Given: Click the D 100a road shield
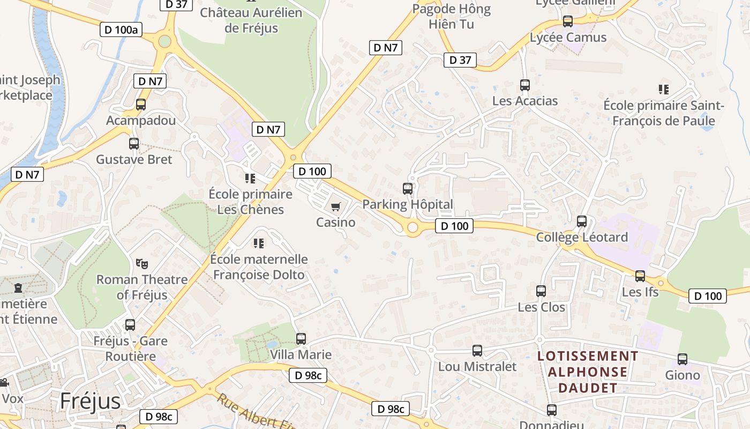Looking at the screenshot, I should click(121, 29).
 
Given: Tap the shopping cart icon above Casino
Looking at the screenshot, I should click(336, 206).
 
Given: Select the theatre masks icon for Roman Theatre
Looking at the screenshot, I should click(142, 263).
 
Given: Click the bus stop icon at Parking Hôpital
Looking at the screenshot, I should click(408, 189).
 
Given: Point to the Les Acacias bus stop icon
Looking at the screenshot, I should click(525, 85).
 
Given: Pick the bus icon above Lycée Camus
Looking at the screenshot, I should click(568, 21).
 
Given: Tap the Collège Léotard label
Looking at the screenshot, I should click(582, 237).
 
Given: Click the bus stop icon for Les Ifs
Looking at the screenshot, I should click(640, 276).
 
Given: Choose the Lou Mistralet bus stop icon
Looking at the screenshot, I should click(477, 351).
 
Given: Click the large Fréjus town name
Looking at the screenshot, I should click(90, 401).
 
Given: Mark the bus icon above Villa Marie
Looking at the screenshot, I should click(301, 339).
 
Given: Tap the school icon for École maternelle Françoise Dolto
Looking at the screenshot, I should click(259, 243).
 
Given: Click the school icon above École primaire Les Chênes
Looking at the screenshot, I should click(250, 178).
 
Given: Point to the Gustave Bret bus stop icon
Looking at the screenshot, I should click(134, 144).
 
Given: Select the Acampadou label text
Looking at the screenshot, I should click(141, 120).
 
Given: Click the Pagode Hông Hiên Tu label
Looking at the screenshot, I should click(452, 16).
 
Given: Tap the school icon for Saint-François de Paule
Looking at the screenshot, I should click(664, 90).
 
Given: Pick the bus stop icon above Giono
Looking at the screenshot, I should click(682, 359).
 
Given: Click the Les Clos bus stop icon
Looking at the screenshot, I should click(541, 291).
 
